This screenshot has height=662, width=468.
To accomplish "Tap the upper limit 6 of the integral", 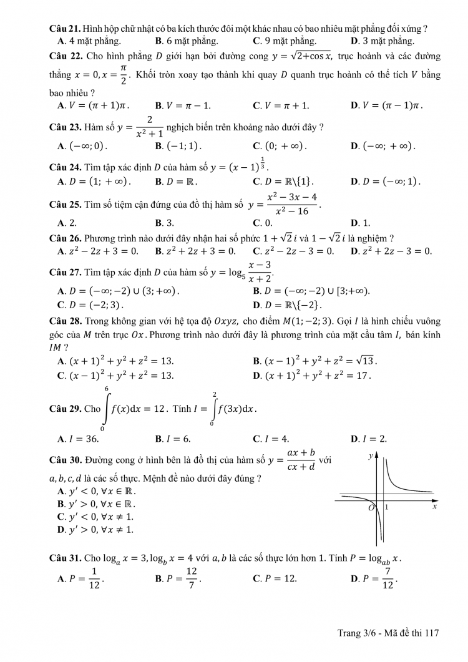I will [x=106, y=388].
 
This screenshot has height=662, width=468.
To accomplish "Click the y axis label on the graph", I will [x=371, y=456].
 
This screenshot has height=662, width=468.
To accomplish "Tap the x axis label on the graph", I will [x=434, y=507].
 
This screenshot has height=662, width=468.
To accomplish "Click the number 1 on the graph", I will [x=386, y=507].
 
